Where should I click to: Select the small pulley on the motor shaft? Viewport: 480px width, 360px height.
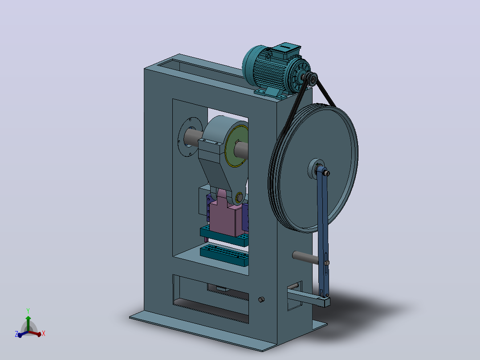click(x=312, y=79)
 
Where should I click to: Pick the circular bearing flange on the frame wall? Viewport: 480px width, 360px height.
click(x=190, y=137)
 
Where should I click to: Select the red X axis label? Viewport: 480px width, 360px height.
click(x=44, y=333)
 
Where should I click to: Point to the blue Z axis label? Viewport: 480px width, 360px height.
click(x=16, y=334)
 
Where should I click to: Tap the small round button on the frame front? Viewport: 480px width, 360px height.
click(x=261, y=299)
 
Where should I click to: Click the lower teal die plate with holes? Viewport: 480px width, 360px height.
click(x=224, y=254)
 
